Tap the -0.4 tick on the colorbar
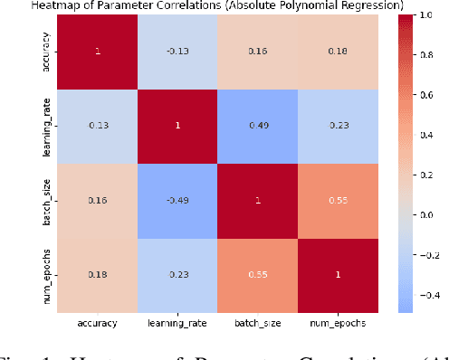pos(422,296)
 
